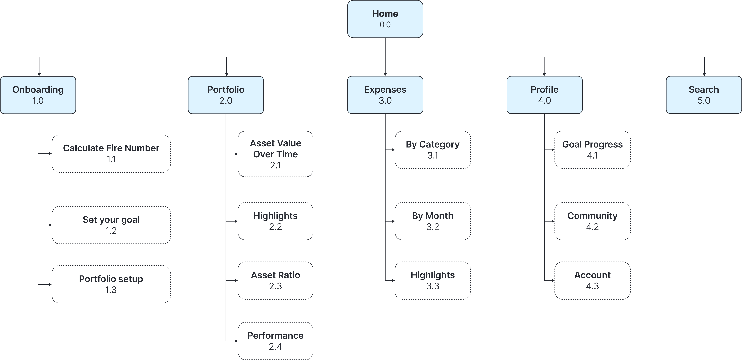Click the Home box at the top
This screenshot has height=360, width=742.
385,19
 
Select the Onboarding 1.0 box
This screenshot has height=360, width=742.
38,95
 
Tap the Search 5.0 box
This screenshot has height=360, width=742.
704,95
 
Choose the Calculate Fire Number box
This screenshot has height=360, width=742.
111,153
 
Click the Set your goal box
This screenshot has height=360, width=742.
111,225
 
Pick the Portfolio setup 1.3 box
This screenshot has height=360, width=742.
111,284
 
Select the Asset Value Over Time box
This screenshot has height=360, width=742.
275,154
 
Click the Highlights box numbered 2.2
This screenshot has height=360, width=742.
275,221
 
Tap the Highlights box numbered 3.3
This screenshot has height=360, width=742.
433,281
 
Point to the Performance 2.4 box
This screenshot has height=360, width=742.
275,341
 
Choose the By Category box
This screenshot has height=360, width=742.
433,150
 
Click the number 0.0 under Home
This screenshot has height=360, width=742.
385,25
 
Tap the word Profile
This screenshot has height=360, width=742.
544,90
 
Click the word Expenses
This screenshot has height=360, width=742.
385,90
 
